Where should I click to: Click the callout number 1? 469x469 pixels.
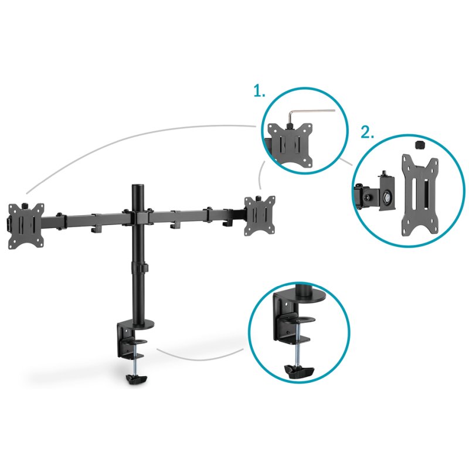tap(259, 91)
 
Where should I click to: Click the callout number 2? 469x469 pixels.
tap(367, 132)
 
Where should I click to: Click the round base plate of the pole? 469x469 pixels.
tap(141, 323)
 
